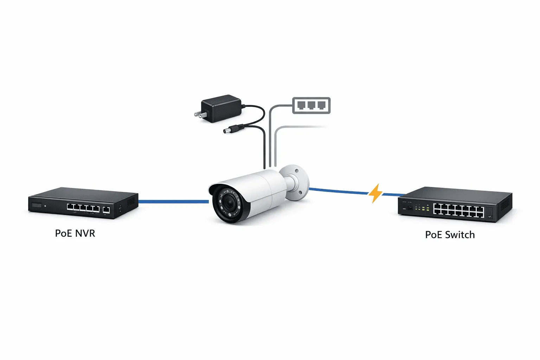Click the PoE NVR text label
click(75, 233)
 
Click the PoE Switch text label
click(450, 235)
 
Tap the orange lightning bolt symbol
click(375, 193)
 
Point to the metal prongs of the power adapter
click(199, 114)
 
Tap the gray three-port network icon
click(311, 105)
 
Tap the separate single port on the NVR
click(106, 210)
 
